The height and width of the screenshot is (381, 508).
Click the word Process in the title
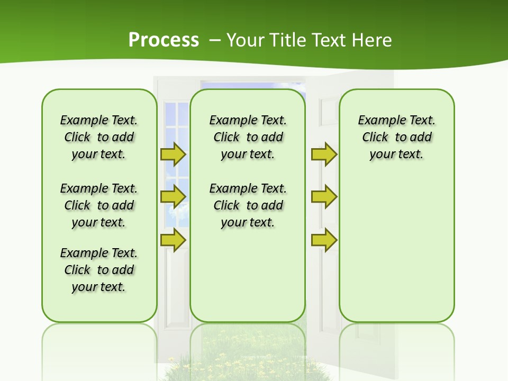(164, 40)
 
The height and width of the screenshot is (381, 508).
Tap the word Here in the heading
(371, 40)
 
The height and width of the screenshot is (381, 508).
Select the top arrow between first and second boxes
(173, 154)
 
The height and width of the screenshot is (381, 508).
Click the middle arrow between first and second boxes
(173, 197)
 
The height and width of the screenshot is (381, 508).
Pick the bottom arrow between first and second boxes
(173, 240)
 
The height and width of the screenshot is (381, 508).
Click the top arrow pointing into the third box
(324, 154)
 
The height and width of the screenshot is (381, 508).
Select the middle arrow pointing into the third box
(324, 197)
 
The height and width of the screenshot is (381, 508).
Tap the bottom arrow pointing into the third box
(324, 240)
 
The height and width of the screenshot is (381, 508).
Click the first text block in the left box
(99, 137)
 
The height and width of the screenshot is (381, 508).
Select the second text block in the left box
(99, 205)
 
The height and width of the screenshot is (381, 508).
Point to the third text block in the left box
(99, 270)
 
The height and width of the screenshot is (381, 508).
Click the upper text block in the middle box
(248, 137)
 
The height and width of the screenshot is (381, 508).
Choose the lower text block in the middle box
(248, 205)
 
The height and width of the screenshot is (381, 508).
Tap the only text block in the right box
(396, 137)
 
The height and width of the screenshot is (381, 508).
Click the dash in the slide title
(215, 40)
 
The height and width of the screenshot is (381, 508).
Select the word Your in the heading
(247, 40)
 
